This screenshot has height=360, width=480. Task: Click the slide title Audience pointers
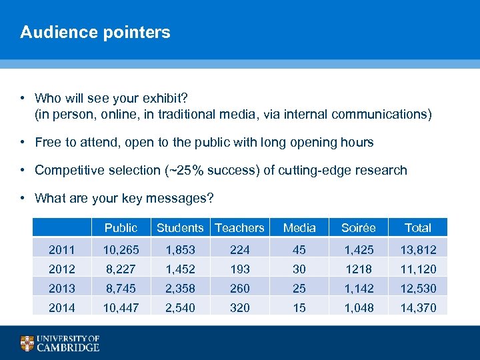click(95, 32)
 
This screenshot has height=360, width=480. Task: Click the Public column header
click(121, 228)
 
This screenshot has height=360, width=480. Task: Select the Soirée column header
click(358, 228)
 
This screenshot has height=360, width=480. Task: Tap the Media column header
click(299, 228)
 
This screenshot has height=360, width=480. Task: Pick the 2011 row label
click(61, 250)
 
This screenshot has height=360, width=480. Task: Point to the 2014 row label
click(61, 307)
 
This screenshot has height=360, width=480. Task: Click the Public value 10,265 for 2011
click(121, 250)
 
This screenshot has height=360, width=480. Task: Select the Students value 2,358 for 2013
click(180, 288)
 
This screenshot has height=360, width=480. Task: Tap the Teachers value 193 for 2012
click(239, 269)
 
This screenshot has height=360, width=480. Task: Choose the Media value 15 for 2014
click(299, 307)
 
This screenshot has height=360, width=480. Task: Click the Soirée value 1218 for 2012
click(358, 269)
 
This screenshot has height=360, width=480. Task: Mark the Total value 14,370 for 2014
click(418, 307)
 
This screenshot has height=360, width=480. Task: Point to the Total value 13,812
click(418, 250)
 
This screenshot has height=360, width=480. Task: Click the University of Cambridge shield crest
click(27, 343)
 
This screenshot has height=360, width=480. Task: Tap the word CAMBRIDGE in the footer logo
click(68, 347)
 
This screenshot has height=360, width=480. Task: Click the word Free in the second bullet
click(48, 142)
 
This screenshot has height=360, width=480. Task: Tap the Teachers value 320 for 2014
click(239, 307)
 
